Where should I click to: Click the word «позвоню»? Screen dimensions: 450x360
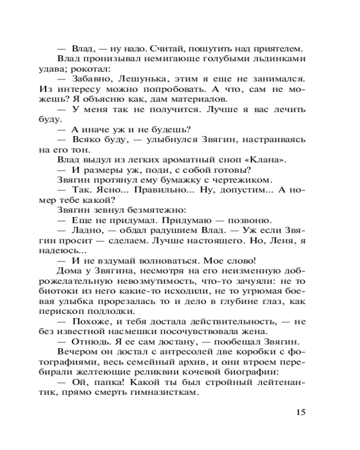point(249,220)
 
